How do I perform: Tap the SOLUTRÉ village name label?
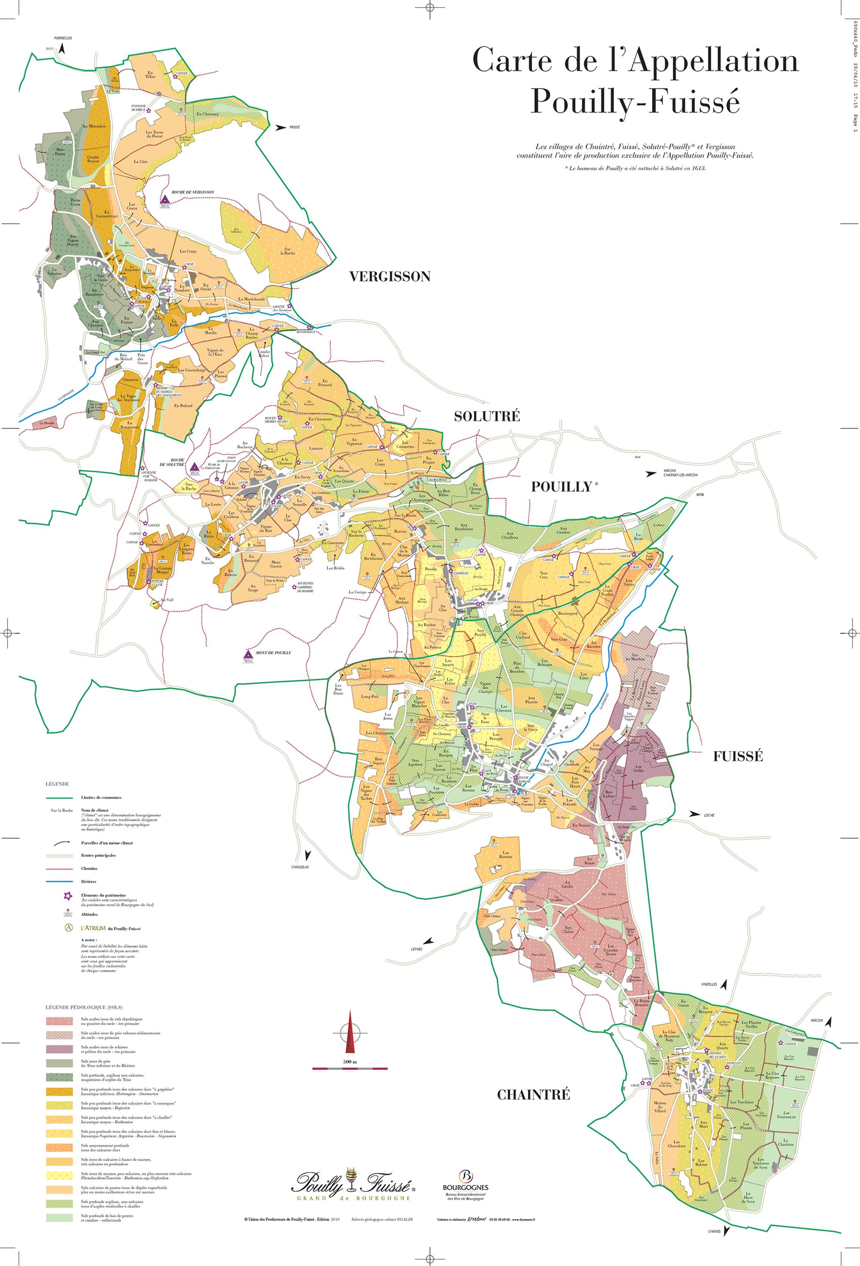tap(487, 417)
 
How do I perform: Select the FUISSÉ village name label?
tap(738, 756)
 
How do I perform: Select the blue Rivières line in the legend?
tap(63, 881)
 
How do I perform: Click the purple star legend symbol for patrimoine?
tap(68, 896)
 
